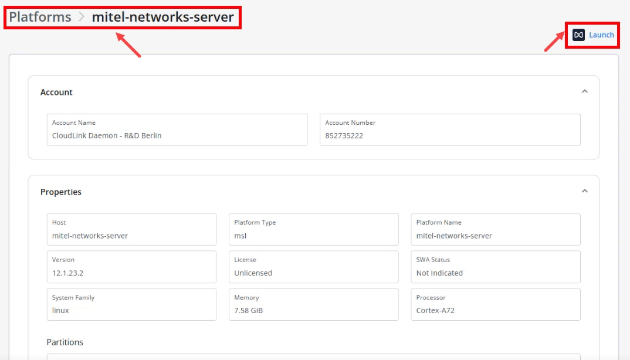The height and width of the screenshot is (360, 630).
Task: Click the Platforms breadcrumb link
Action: (40, 17)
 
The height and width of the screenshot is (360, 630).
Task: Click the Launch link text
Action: (601, 35)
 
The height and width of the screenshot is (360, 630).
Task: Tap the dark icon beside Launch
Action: (578, 35)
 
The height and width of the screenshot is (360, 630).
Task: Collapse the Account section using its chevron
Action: (585, 91)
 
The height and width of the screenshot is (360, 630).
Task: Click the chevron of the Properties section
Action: (585, 191)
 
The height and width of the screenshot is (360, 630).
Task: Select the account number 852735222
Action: (344, 136)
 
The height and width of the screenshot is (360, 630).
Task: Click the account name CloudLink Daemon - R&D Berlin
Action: (107, 136)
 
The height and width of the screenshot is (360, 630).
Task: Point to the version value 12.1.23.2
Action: (67, 273)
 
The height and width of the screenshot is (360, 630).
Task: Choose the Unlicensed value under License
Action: (253, 273)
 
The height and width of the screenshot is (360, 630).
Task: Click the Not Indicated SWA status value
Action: (439, 273)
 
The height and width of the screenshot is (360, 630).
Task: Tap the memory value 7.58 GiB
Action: (248, 311)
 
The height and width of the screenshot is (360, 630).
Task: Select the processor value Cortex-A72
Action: (435, 311)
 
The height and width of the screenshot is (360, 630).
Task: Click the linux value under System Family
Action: (60, 311)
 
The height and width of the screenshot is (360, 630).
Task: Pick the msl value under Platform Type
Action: (241, 236)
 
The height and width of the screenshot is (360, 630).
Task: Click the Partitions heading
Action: (65, 342)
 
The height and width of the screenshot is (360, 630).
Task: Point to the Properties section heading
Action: (60, 192)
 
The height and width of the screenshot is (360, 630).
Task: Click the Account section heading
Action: (56, 93)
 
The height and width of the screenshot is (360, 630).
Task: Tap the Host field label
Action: (59, 223)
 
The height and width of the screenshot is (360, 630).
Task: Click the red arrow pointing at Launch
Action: (554, 42)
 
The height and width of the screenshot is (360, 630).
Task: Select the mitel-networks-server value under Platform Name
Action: (454, 236)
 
